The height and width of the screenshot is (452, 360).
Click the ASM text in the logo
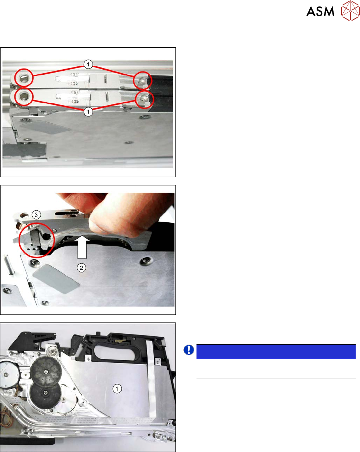(320, 11)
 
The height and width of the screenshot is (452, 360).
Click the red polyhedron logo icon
(350, 11)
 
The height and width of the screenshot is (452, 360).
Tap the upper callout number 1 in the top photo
(88, 64)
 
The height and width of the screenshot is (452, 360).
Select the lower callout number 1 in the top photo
(88, 112)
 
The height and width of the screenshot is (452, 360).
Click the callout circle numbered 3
(36, 215)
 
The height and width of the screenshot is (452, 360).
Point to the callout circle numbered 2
(81, 268)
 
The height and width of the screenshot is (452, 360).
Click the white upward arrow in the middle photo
(82, 247)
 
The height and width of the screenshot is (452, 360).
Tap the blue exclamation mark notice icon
(189, 350)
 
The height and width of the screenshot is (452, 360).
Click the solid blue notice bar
(276, 352)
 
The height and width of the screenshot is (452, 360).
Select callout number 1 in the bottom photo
(117, 389)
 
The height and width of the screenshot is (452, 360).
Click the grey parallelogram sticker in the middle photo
(56, 279)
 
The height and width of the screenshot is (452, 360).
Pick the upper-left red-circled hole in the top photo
(24, 78)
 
